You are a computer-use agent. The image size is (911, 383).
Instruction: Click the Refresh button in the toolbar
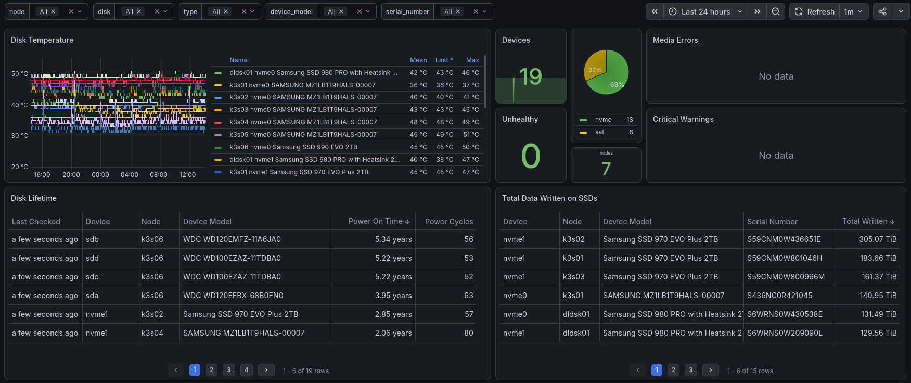click(x=814, y=11)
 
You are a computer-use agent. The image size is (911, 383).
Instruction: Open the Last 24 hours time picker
click(x=706, y=11)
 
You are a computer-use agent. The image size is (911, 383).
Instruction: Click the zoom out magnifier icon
click(x=775, y=11)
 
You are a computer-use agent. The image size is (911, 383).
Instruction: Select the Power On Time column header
click(x=379, y=221)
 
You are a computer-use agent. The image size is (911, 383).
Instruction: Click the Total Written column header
click(x=868, y=221)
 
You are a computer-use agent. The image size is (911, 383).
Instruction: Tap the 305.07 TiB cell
click(x=878, y=239)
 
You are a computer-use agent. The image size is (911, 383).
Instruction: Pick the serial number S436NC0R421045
click(x=779, y=296)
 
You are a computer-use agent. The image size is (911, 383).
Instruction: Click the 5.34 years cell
click(x=393, y=239)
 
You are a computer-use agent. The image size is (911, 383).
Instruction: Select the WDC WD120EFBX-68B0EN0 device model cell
click(x=233, y=296)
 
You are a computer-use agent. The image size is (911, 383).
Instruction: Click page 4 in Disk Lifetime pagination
click(x=247, y=370)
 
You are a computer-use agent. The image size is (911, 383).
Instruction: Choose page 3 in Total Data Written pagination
click(x=691, y=370)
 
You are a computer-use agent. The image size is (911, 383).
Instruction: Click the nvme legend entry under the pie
click(x=603, y=120)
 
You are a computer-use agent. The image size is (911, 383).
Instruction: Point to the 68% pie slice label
click(x=617, y=84)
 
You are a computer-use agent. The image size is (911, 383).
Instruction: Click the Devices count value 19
click(x=531, y=77)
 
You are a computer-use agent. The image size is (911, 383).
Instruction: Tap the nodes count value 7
click(x=606, y=169)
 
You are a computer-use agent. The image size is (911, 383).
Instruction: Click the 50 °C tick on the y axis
click(x=20, y=74)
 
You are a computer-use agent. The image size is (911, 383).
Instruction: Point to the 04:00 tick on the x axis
click(x=130, y=175)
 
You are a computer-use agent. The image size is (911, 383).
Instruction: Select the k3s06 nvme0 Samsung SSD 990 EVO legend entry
click(x=293, y=147)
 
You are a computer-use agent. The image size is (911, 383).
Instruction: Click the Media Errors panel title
click(x=675, y=40)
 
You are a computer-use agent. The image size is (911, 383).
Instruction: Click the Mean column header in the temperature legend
click(x=418, y=60)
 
